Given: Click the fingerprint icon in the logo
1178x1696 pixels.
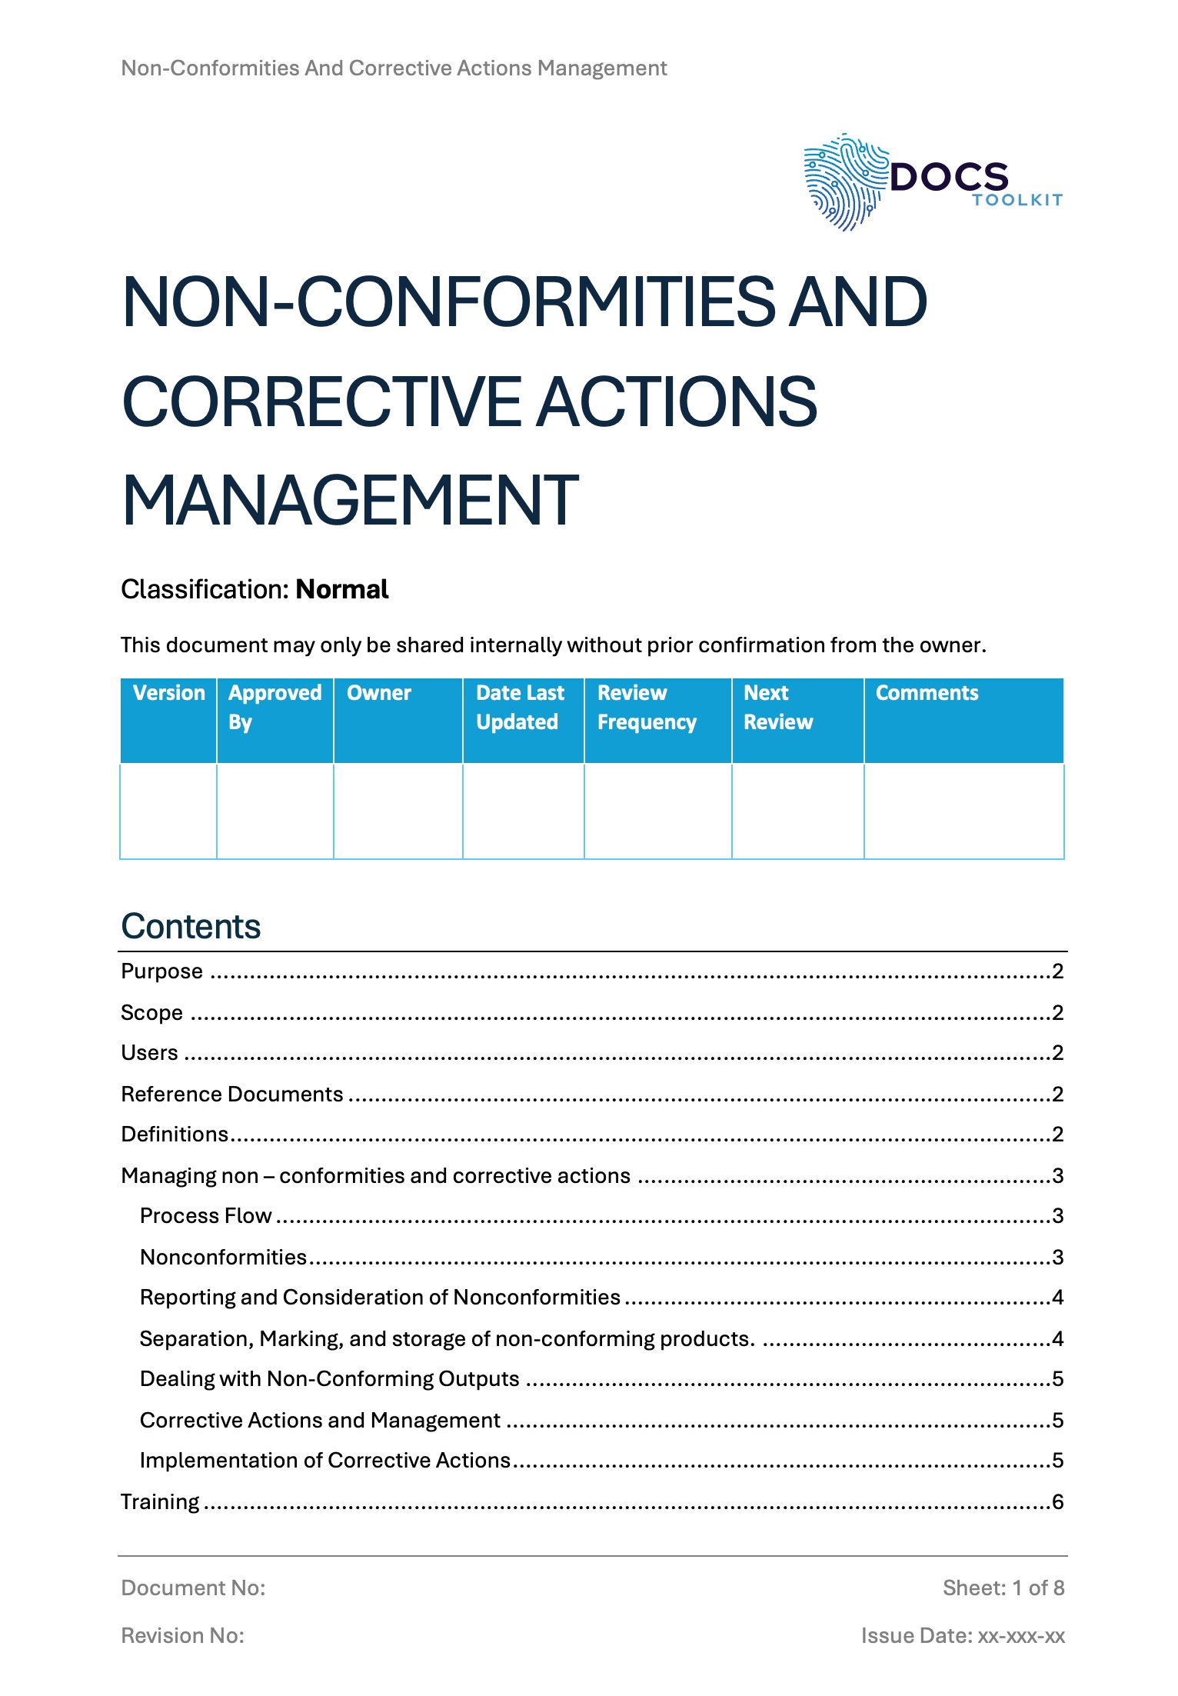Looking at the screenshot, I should point(844,182).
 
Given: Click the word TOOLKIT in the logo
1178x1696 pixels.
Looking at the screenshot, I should point(1017,200).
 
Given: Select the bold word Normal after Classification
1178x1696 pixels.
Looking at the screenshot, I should point(342,589).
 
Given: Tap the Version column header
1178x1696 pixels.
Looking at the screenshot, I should point(169,693).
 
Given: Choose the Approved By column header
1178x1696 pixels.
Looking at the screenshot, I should point(275,707).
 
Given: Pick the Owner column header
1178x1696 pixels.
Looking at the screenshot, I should point(379,693).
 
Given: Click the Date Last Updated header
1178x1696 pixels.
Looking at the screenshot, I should point(520,707).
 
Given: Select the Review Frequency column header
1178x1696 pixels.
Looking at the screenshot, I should point(647,707).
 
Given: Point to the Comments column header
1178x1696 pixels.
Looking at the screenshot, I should point(927,693).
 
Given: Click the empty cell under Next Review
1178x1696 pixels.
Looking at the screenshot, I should point(797,811).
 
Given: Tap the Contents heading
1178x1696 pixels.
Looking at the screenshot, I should point(191,926).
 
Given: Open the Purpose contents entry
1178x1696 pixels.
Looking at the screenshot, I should point(162,971).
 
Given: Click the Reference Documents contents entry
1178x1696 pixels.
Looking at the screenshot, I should point(232,1094).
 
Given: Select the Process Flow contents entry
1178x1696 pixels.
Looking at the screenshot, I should point(206,1215).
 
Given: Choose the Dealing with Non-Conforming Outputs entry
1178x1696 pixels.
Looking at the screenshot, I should point(330,1378).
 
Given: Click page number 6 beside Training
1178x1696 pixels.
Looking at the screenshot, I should point(1058,1501).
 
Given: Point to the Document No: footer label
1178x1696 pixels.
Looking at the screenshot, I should point(193,1588).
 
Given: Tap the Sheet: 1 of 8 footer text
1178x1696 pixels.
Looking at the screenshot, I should point(1003,1588).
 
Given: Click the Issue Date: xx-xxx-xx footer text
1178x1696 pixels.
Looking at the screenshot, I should point(963,1635).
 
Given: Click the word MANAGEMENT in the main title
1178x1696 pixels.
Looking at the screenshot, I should point(350,501).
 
